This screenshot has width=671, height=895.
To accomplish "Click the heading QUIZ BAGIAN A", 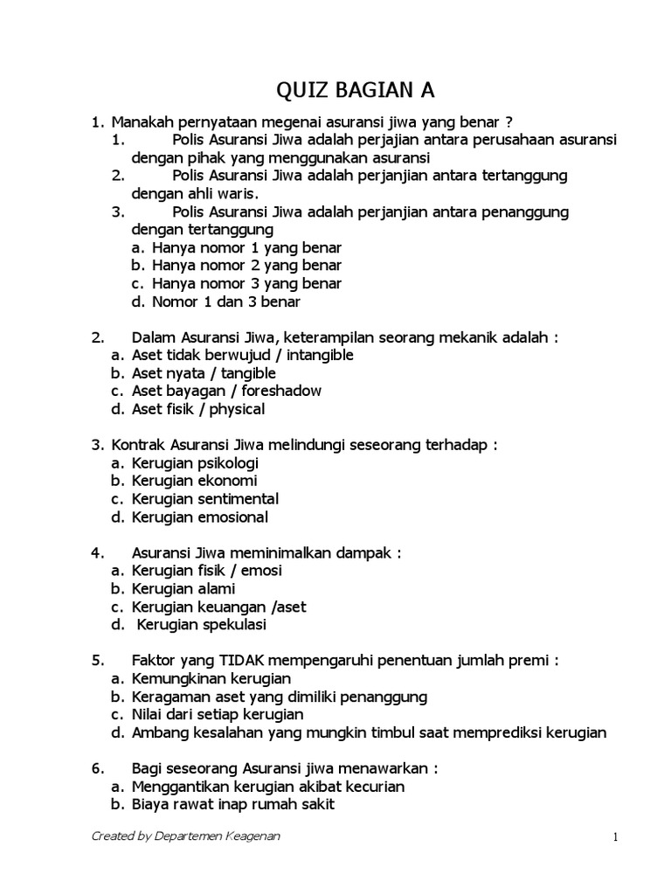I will pyautogui.click(x=355, y=90).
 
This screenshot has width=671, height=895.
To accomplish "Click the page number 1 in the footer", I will pyautogui.click(x=615, y=836).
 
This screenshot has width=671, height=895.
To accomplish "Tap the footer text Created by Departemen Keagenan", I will pyautogui.click(x=187, y=836).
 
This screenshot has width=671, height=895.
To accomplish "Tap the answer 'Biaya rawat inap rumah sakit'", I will pyautogui.click(x=233, y=805).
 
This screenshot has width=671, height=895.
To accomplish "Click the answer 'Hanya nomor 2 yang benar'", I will pyautogui.click(x=246, y=266).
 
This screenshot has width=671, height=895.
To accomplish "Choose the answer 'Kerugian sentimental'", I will pyautogui.click(x=205, y=499).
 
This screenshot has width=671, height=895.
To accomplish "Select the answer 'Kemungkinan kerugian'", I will pyautogui.click(x=211, y=678).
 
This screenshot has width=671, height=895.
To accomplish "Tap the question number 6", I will pyautogui.click(x=97, y=769).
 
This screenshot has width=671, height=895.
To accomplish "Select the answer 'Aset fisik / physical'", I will pyautogui.click(x=198, y=409).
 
